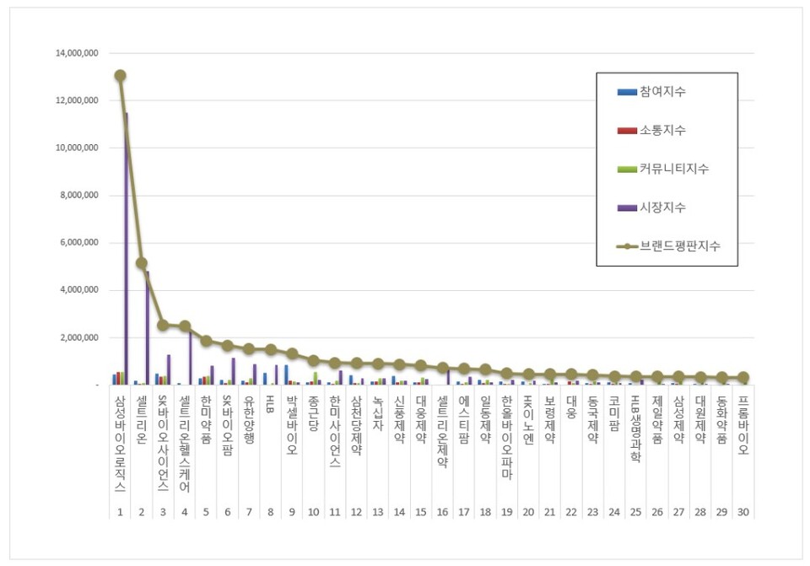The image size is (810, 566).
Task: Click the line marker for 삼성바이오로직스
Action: tap(121, 75)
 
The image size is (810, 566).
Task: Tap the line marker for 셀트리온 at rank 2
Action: tap(142, 263)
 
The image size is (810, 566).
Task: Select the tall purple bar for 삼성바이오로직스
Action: tap(127, 253)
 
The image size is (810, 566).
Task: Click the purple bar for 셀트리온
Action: tap(148, 329)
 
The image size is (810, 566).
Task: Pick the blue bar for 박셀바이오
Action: tap(286, 375)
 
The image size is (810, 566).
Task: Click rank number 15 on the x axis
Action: tap(420, 511)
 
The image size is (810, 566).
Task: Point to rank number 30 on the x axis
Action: tap(742, 511)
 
